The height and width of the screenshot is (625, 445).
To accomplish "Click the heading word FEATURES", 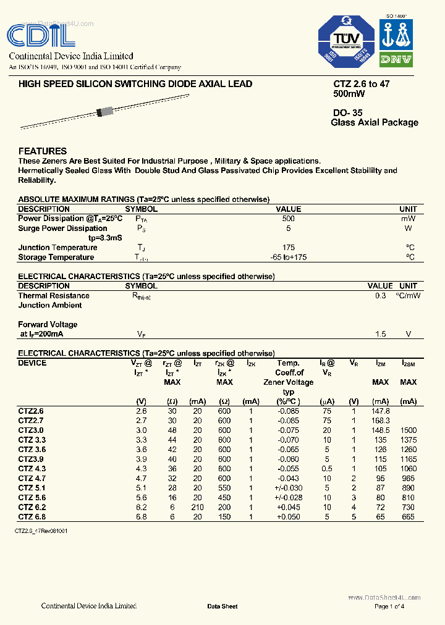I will [43, 151].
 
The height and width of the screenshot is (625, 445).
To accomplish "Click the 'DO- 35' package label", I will [347, 113].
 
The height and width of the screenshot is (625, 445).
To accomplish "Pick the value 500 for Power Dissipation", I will [288, 219].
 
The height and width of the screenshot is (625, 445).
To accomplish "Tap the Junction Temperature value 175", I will [288, 248].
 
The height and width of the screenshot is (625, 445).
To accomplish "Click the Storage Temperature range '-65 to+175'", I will [288, 258].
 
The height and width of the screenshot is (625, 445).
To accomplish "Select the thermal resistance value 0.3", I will [380, 296].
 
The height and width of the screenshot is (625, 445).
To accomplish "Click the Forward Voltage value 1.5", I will [380, 334].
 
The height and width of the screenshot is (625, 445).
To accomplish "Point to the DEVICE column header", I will [32, 363].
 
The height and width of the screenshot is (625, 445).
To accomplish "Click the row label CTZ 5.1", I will [31, 488].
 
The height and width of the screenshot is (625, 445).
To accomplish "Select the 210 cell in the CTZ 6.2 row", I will [198, 507].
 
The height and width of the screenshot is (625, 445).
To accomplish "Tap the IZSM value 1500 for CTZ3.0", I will [408, 430].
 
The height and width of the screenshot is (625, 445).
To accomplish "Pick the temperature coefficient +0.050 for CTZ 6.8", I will [289, 517].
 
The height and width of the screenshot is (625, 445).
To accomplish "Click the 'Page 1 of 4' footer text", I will [389, 606].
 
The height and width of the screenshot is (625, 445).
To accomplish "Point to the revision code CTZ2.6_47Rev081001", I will [41, 531].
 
